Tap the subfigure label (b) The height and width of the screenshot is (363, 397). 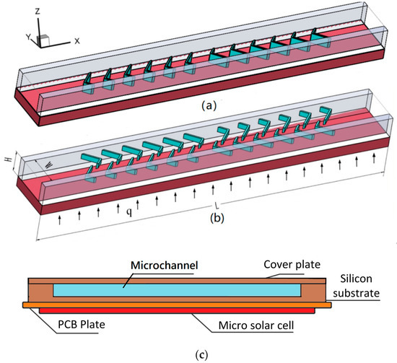[204, 233]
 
